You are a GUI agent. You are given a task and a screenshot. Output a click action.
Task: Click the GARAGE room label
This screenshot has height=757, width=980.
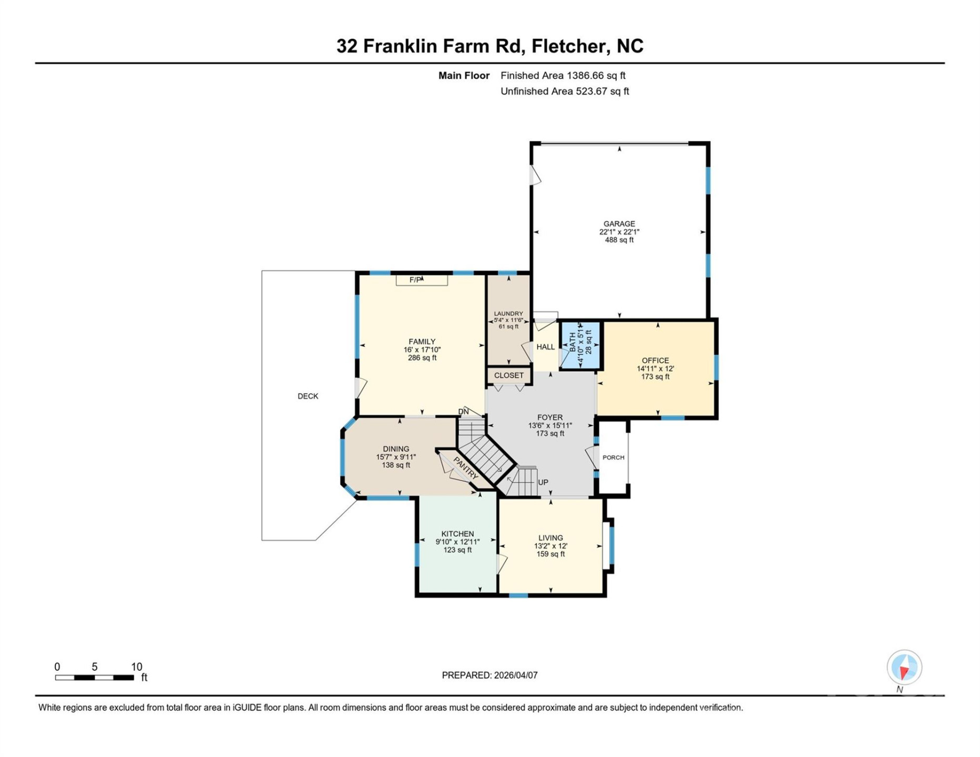coord(619,223)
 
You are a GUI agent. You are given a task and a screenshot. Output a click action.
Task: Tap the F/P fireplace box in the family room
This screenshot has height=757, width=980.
coord(421,280)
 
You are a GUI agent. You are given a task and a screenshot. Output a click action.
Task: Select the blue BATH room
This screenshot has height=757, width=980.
coord(580,345)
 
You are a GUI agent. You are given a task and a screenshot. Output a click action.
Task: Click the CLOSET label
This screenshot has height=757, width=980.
coord(508,375)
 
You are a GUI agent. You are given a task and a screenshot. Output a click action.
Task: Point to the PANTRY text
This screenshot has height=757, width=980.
coord(466,468)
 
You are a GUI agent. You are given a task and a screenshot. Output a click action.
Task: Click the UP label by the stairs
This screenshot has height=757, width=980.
coord(543,482)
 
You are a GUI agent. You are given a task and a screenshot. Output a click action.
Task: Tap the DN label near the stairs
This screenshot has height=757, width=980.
coord(463,412)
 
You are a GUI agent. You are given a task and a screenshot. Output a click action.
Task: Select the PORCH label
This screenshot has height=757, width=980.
coord(613,457)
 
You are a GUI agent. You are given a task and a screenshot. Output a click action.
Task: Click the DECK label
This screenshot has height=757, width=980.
coord(308,396)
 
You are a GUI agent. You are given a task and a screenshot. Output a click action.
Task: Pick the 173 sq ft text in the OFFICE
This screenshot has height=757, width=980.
coord(655,376)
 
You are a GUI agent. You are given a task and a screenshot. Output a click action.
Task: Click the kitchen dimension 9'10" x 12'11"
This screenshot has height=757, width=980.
coord(457,542)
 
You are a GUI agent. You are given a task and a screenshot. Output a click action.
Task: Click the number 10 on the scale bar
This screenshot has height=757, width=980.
coord(136,667)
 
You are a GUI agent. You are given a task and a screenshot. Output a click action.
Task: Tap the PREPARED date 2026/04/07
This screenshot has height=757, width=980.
coord(515,676)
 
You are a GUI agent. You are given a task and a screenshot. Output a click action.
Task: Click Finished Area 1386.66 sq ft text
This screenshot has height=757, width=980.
coord(563,76)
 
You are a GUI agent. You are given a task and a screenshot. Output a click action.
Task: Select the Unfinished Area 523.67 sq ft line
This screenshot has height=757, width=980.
coord(564,91)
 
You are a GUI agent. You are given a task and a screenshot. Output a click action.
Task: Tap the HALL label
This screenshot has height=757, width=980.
coord(545,347)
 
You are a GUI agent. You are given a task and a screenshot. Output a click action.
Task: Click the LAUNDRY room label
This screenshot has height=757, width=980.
coord(508,314)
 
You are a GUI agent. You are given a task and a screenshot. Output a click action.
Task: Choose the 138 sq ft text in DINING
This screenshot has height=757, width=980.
coord(396,465)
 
